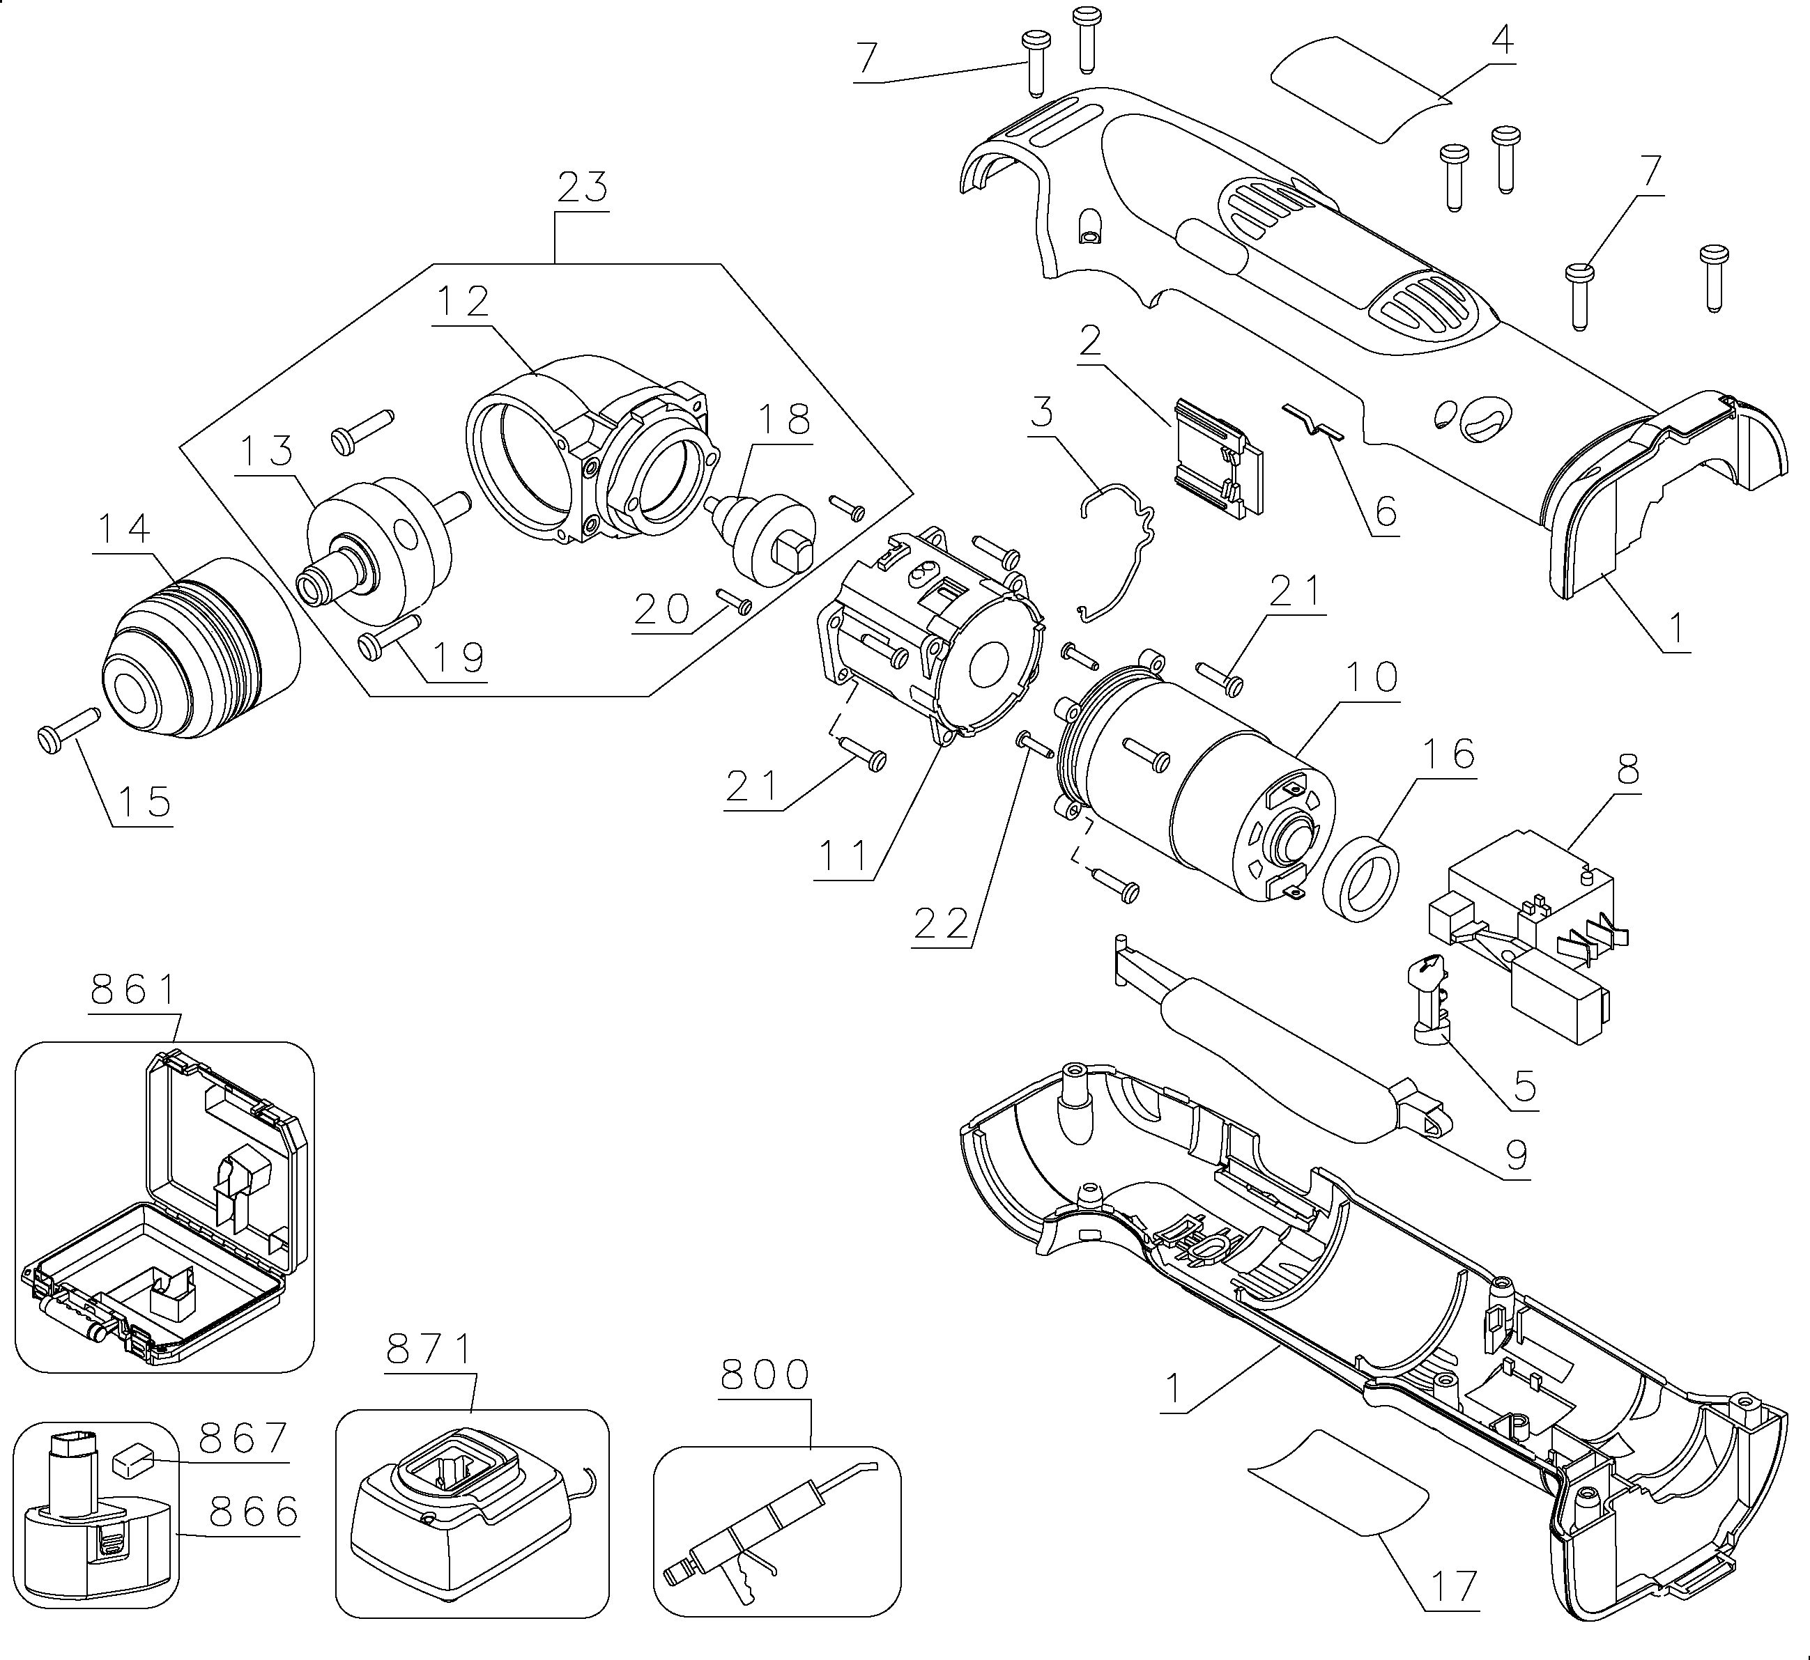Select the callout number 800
(766, 1374)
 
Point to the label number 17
(1454, 1585)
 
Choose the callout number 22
(942, 924)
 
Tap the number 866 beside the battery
(254, 1512)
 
